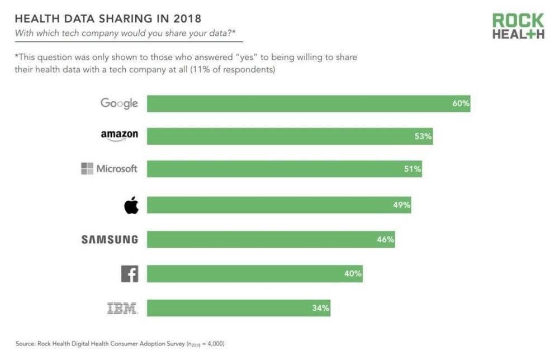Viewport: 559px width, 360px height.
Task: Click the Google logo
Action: point(119,103)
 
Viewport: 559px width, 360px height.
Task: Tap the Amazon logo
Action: point(119,135)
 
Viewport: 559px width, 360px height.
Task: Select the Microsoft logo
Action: point(109,168)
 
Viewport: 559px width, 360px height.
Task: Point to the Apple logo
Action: point(131,206)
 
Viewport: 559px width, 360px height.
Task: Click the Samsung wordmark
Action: point(110,239)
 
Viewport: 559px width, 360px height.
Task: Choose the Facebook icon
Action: point(130,274)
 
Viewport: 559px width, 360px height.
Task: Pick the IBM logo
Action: point(122,307)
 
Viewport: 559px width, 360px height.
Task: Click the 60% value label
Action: point(461,103)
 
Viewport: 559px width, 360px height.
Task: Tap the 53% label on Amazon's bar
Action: point(423,136)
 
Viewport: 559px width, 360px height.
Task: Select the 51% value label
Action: point(412,169)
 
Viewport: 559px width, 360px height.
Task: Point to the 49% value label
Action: point(401,205)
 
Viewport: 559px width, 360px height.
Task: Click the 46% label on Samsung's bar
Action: point(385,240)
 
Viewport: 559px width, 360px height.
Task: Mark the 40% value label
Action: point(353,274)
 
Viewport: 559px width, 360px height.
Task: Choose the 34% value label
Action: point(321,307)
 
